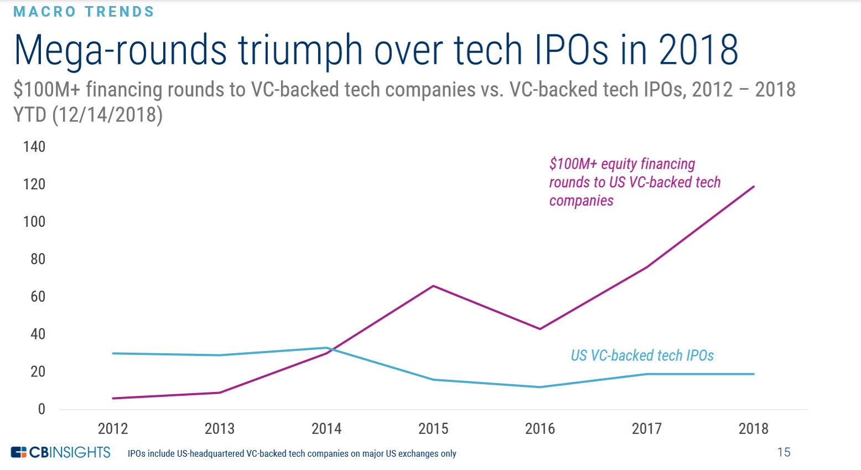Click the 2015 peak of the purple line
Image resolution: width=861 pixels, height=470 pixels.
(x=433, y=286)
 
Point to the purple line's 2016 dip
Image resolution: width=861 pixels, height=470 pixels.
(x=540, y=329)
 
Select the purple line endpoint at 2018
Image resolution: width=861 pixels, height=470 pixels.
(x=754, y=187)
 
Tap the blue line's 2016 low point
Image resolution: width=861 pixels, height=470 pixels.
(x=540, y=387)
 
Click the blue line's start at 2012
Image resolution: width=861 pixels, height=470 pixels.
(x=113, y=353)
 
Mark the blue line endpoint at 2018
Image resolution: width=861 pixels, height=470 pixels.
(x=754, y=374)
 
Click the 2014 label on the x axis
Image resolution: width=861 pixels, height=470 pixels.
(x=326, y=428)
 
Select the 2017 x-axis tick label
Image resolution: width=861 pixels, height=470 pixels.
(x=646, y=428)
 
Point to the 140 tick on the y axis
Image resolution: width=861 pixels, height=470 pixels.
(x=34, y=147)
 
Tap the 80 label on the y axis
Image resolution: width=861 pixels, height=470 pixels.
(x=38, y=259)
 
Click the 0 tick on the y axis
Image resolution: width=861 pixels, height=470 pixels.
(x=42, y=409)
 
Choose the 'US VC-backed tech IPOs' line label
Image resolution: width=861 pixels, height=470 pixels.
(x=642, y=355)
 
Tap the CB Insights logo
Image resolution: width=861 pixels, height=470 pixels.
(x=61, y=452)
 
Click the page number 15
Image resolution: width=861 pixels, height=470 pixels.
(x=784, y=452)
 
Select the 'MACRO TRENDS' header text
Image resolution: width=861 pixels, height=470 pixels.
(x=84, y=12)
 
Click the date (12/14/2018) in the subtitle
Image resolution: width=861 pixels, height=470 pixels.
(x=107, y=115)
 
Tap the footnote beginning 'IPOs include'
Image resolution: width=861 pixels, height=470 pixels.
(x=292, y=453)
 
